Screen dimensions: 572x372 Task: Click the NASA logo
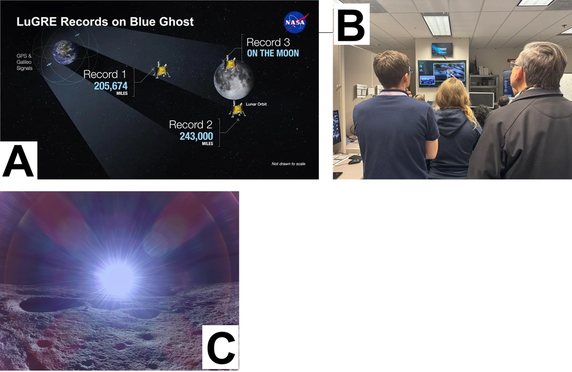[296, 22]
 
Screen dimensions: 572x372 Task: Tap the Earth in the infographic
[65, 52]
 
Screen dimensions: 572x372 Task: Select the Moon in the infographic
[234, 81]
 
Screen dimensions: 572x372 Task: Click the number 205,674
[111, 86]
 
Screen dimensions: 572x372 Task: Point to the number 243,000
[196, 136]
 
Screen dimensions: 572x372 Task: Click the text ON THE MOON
[273, 53]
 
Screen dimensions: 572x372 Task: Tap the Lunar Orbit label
[256, 104]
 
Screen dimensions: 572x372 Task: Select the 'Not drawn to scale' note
[288, 164]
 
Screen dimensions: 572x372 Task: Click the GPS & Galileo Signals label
[24, 62]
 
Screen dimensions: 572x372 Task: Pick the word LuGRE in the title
[36, 22]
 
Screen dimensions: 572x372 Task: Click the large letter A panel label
[18, 160]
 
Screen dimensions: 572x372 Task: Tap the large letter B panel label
[351, 24]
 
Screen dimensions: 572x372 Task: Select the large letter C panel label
[221, 347]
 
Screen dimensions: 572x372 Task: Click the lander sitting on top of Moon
[230, 63]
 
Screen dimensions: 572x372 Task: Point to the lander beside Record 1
[161, 69]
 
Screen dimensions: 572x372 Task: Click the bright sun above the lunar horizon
[117, 279]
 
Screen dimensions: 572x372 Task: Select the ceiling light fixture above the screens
[436, 25]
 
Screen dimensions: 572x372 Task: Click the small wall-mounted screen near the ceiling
[442, 50]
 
